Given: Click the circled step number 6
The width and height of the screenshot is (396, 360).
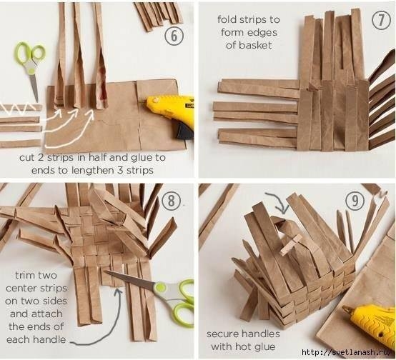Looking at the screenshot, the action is [x=174, y=36].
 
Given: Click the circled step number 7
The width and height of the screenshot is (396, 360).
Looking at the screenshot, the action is [x=381, y=20].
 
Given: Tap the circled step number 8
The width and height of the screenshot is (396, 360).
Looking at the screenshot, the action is [x=172, y=201].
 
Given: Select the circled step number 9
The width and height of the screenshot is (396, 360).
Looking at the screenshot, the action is [x=355, y=201].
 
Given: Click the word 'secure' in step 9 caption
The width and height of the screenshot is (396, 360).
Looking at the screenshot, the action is [x=223, y=334].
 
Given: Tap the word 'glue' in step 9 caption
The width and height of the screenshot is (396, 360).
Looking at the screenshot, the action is [x=264, y=347].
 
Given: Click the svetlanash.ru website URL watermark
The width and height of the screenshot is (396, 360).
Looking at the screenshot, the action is [x=348, y=351].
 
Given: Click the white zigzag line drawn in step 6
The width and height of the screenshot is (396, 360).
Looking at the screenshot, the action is [x=18, y=108].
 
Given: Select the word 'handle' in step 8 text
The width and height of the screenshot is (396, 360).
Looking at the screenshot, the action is [x=49, y=339].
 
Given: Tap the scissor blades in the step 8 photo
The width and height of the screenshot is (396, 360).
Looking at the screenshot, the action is [x=132, y=279].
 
